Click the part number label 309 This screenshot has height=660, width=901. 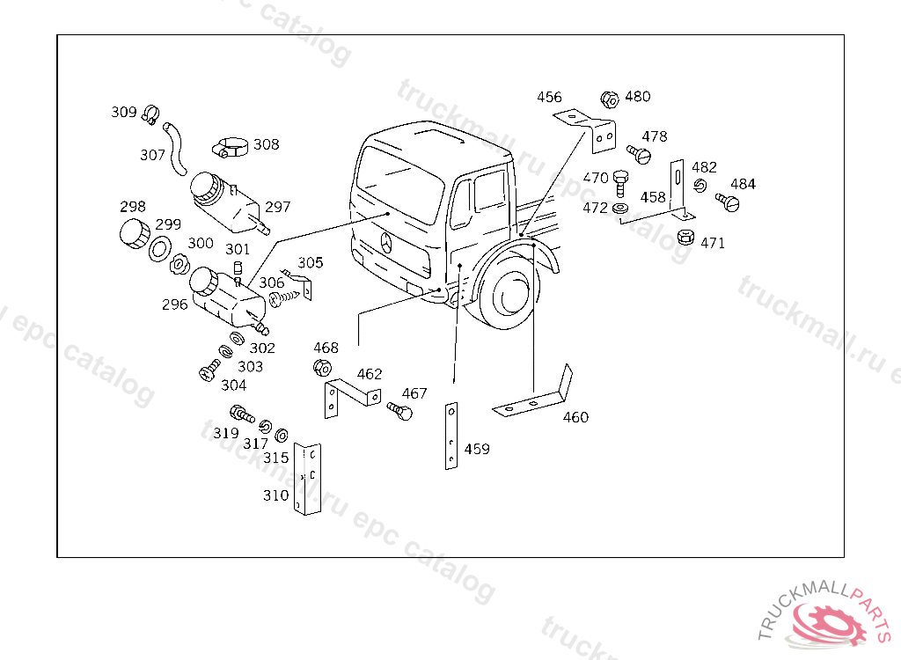click(123, 112)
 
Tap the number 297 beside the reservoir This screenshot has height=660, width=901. click(277, 208)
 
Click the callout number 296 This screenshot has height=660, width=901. click(175, 304)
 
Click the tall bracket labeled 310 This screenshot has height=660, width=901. click(306, 479)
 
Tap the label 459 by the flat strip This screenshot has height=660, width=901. click(477, 450)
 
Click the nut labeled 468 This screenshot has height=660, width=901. click(322, 367)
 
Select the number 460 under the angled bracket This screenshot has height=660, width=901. click(575, 417)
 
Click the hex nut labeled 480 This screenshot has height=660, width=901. click(609, 99)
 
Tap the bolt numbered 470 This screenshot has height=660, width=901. click(620, 183)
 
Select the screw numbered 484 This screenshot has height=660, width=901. click(729, 202)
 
